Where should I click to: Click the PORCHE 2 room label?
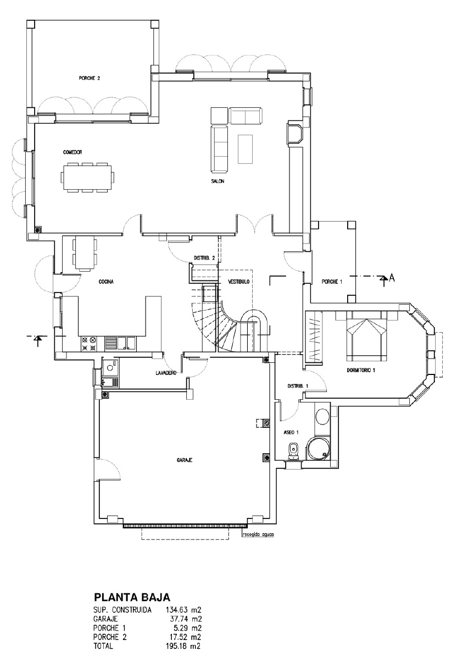89,78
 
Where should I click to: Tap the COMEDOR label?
73,152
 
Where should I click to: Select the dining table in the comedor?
87,177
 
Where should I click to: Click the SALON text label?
218,181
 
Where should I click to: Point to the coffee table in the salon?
245,149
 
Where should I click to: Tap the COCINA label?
106,282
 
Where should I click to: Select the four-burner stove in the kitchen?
89,344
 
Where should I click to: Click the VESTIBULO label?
238,282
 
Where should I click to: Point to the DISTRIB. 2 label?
204,258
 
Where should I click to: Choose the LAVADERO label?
166,373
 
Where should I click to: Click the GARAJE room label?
185,460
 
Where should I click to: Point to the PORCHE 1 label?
332,282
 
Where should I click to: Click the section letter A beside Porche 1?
392,278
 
